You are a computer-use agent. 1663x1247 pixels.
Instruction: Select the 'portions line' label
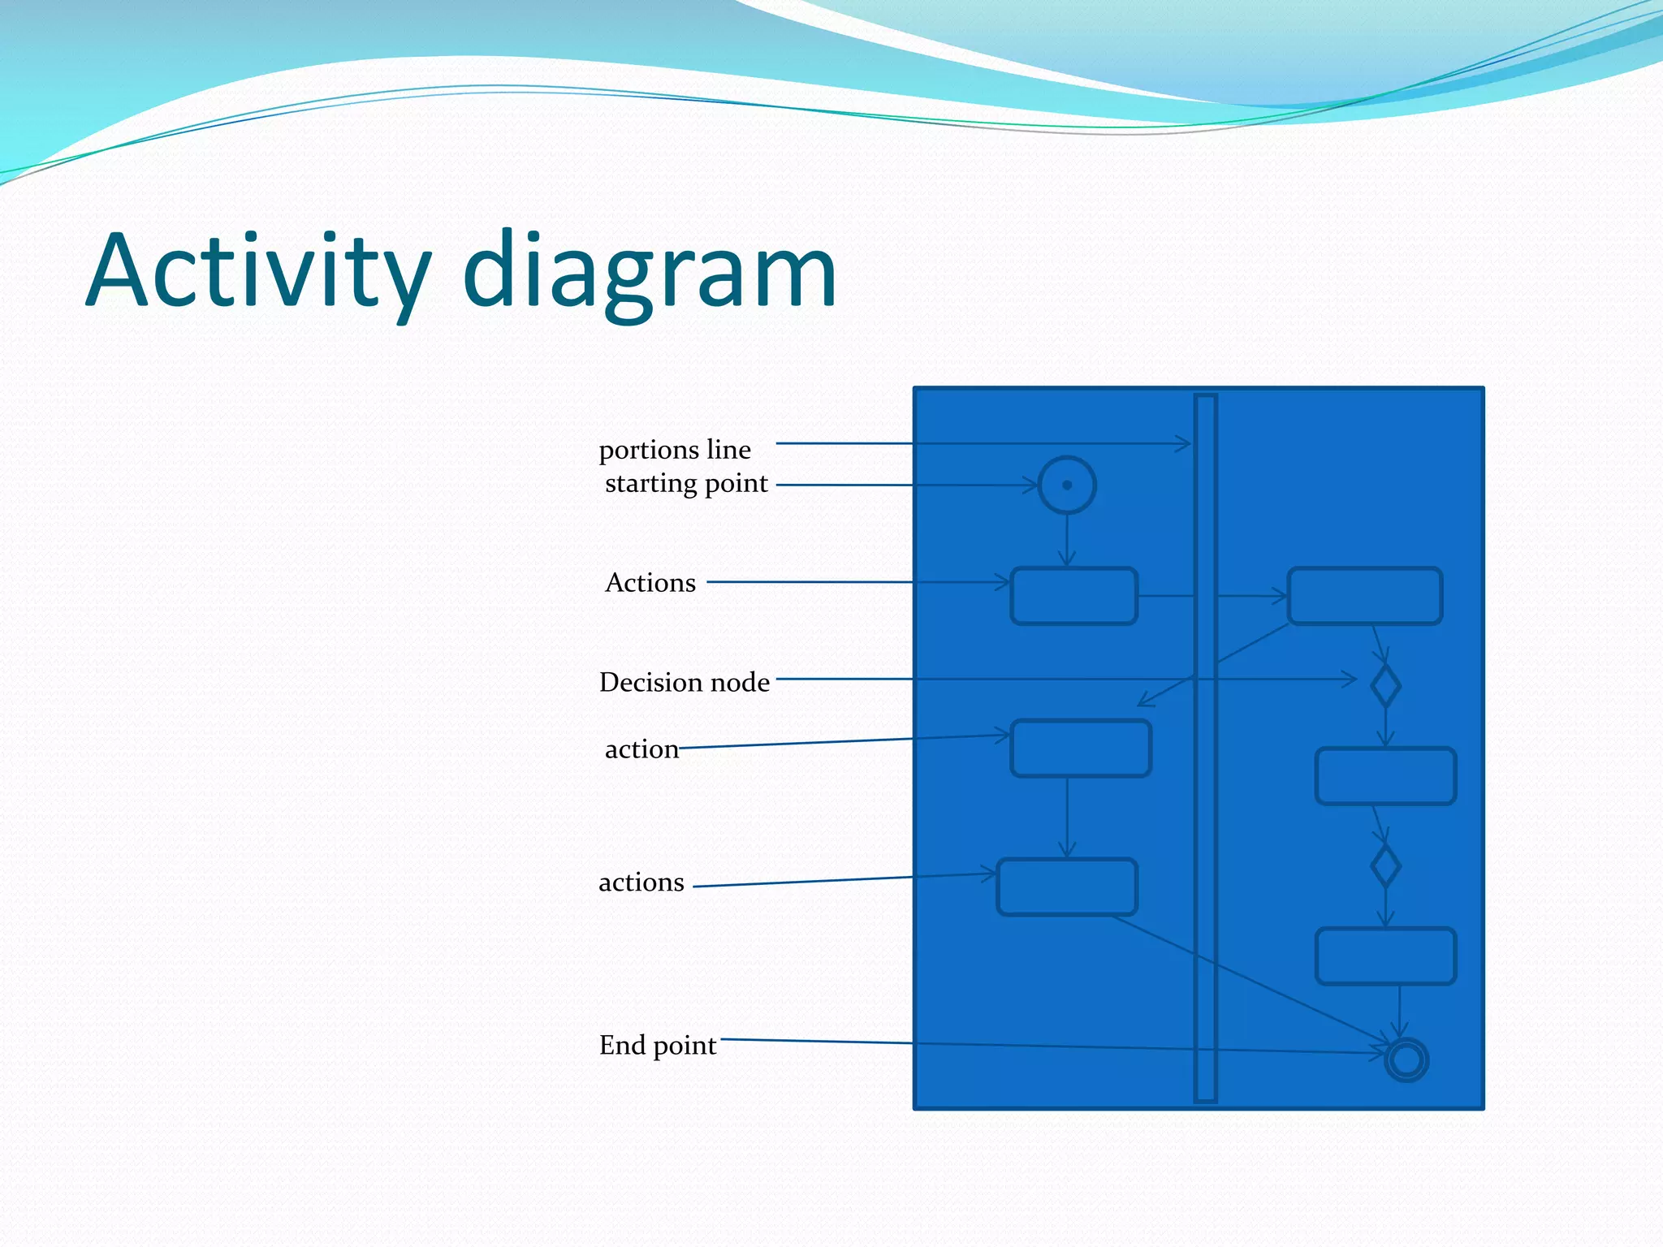(x=675, y=450)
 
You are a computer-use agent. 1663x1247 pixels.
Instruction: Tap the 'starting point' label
(x=686, y=484)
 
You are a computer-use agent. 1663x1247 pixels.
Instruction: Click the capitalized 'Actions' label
(x=650, y=583)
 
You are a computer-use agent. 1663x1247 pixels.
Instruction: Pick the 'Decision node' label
(x=684, y=682)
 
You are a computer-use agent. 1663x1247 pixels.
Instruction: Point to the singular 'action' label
(x=641, y=749)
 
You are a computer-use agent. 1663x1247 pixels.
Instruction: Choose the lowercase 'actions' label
(x=641, y=882)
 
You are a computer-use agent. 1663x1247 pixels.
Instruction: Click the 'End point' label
(x=658, y=1046)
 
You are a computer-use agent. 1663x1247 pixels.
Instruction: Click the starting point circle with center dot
(x=1067, y=485)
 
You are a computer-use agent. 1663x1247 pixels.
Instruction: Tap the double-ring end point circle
(x=1406, y=1059)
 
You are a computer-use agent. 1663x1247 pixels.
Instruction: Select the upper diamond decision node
(x=1385, y=686)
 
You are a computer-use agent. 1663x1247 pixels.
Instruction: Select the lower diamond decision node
(x=1385, y=866)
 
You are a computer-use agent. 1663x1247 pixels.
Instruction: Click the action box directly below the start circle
(x=1073, y=596)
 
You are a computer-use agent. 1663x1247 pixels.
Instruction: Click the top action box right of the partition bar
(x=1364, y=596)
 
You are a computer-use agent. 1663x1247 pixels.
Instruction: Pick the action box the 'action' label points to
(x=1081, y=748)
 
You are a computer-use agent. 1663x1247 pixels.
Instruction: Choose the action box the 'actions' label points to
(x=1067, y=887)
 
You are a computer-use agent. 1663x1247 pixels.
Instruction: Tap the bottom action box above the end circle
(x=1385, y=956)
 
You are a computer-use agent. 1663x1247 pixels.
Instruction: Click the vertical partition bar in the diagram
(x=1206, y=812)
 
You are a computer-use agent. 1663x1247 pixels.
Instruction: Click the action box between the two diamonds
(x=1385, y=776)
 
